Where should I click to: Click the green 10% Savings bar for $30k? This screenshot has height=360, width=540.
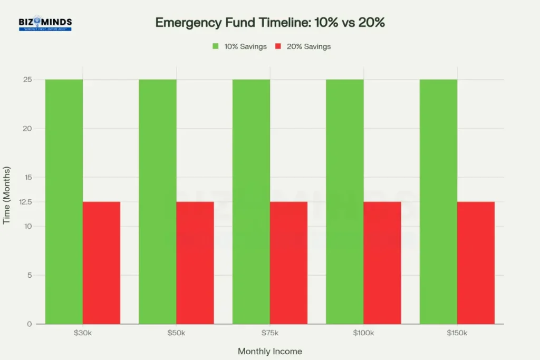[x=64, y=201]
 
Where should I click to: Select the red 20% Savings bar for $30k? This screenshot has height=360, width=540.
[x=101, y=262]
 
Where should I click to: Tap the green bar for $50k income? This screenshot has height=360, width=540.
[x=158, y=201]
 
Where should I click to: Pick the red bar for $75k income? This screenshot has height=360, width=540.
[x=288, y=262]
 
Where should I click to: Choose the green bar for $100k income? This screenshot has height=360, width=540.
[x=345, y=201]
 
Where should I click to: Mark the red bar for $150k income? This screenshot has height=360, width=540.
[x=476, y=262]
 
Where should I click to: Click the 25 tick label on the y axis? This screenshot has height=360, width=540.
[x=27, y=80]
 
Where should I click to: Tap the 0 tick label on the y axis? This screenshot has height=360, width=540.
[x=30, y=324]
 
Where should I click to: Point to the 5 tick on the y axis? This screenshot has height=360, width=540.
[x=30, y=275]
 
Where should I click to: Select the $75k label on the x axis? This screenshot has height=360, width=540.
[x=270, y=334]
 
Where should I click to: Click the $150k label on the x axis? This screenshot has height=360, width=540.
[x=457, y=334]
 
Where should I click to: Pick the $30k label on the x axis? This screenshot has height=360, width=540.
[x=83, y=334]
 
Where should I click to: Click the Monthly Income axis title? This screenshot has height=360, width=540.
[x=270, y=351]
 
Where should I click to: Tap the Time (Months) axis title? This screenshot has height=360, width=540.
[x=7, y=196]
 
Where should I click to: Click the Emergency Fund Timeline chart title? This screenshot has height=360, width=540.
[x=270, y=23]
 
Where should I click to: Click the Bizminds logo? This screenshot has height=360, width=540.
[x=45, y=24]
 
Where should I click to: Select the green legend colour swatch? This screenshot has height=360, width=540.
[x=215, y=46]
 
